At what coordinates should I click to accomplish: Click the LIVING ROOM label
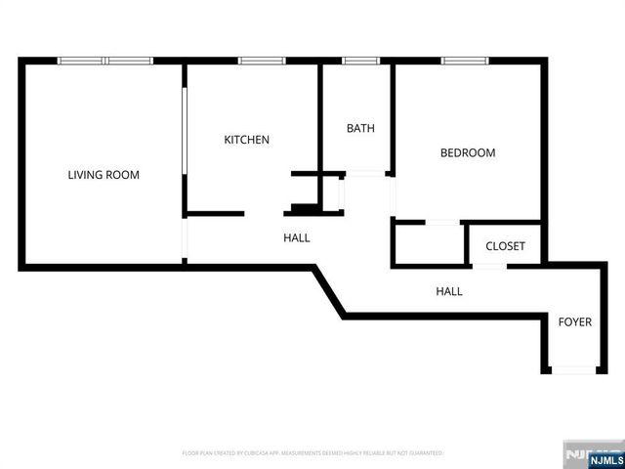tap(104, 176)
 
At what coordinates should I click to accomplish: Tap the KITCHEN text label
tap(247, 141)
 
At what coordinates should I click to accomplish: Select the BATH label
tap(360, 128)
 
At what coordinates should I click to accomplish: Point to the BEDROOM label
tap(467, 153)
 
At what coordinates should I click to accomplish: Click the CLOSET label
tap(505, 247)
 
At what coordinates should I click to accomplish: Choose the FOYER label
tap(574, 322)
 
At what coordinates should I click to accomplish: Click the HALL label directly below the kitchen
tap(297, 237)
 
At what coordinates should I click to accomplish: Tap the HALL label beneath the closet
tap(449, 291)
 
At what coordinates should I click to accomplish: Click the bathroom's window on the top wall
tap(360, 62)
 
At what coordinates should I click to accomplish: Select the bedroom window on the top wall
tap(466, 62)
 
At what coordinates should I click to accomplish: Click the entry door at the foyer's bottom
tap(574, 369)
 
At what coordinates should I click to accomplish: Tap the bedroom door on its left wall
tap(393, 196)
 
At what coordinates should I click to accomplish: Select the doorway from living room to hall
tap(185, 237)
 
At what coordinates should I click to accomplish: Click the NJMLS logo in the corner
tap(594, 456)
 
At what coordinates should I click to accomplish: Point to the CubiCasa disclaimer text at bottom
tap(312, 454)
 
